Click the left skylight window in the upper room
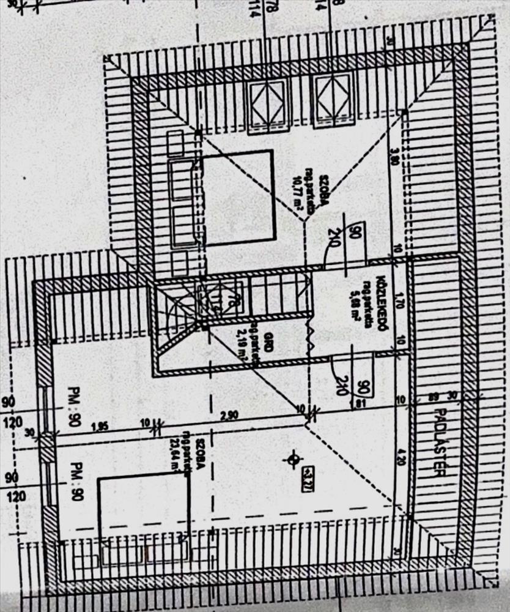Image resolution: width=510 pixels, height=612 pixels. click(x=267, y=104)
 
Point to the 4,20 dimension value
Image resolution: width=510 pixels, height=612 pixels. click(x=402, y=457)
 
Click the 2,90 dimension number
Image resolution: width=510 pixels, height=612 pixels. click(x=230, y=416)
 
